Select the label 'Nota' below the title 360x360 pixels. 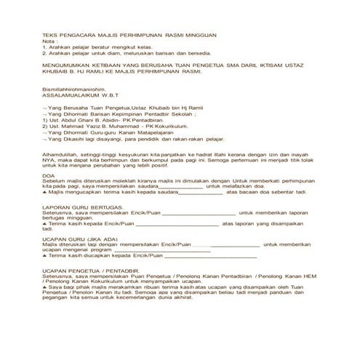coord(49,41)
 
